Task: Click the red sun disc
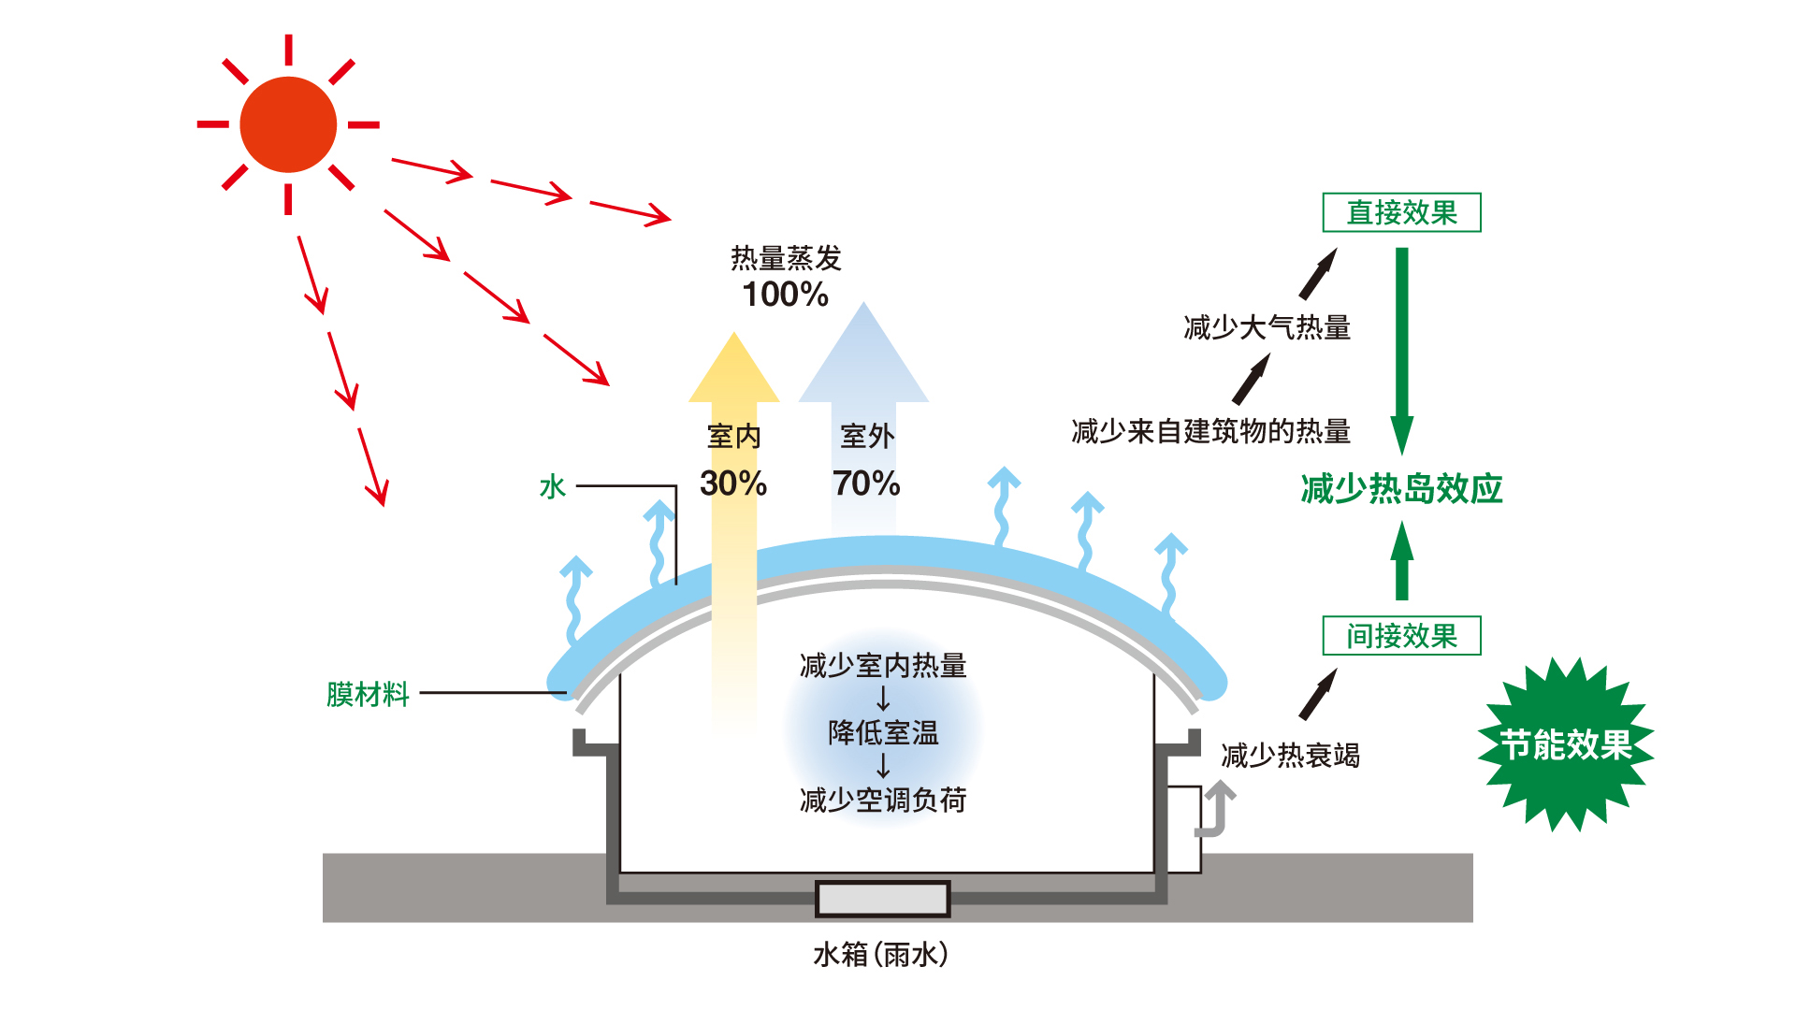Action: click(x=288, y=124)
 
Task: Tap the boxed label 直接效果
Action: click(x=1401, y=212)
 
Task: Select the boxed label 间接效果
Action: click(x=1401, y=636)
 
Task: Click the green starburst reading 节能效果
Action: click(x=1565, y=744)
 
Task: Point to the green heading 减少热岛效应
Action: click(x=1401, y=489)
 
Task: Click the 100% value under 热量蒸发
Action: click(x=785, y=295)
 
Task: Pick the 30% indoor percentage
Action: click(x=733, y=483)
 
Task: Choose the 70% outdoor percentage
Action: click(x=866, y=483)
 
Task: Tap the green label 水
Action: click(x=553, y=487)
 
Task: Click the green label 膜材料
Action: click(x=368, y=694)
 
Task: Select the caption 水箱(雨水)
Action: click(x=881, y=955)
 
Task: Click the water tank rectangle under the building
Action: click(x=882, y=899)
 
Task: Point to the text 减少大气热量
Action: click(x=1267, y=328)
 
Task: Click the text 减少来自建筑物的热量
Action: click(x=1210, y=432)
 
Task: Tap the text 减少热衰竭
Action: click(x=1290, y=756)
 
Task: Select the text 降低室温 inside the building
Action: click(x=883, y=733)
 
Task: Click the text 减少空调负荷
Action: click(x=883, y=801)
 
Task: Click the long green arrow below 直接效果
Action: click(x=1401, y=351)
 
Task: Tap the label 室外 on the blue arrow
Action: click(x=867, y=437)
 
